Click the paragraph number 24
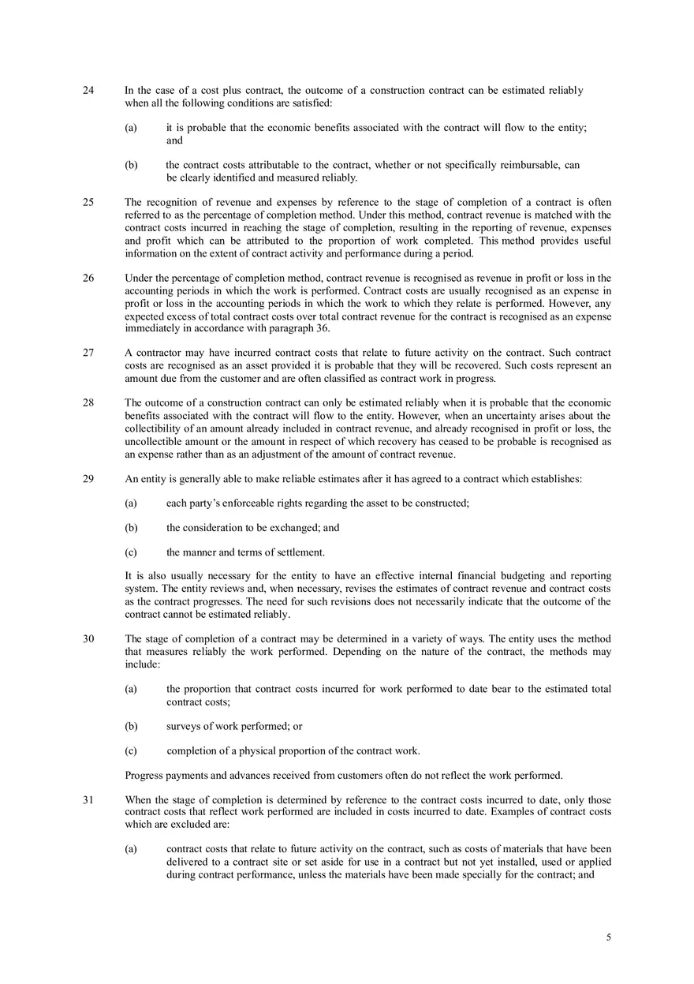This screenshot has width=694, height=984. click(x=88, y=91)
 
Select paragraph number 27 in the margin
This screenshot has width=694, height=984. click(x=88, y=353)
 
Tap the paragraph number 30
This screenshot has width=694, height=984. click(x=88, y=639)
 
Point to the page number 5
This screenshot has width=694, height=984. click(x=608, y=937)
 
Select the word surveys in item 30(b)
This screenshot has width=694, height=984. click(x=184, y=726)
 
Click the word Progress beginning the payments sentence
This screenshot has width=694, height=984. click(x=145, y=775)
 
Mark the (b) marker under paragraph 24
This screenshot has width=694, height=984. click(x=131, y=165)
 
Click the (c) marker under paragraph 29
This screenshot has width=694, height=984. click(x=131, y=552)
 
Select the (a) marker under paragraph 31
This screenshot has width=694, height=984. click(x=131, y=849)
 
